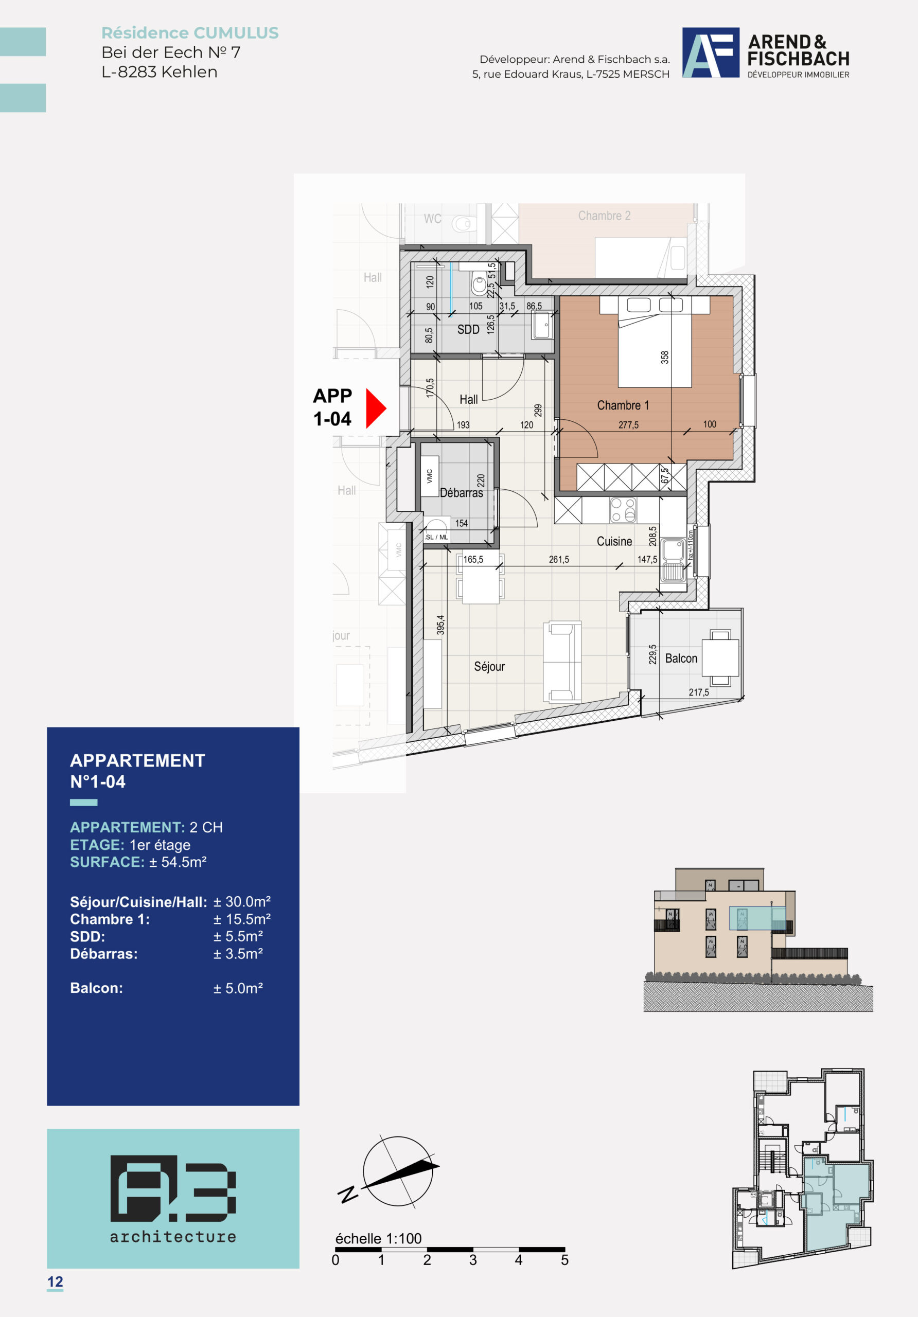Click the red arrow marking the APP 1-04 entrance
375,408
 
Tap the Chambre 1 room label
623,405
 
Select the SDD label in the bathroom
468,329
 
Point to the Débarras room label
461,493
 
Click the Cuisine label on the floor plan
614,542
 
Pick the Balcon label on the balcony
681,658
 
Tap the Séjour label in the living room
489,667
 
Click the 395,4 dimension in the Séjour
440,625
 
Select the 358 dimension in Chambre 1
664,358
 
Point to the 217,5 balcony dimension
699,692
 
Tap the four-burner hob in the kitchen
623,510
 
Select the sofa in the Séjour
562,662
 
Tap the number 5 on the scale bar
564,1260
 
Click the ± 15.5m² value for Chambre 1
241,919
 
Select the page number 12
55,1282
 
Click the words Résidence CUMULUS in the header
190,33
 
